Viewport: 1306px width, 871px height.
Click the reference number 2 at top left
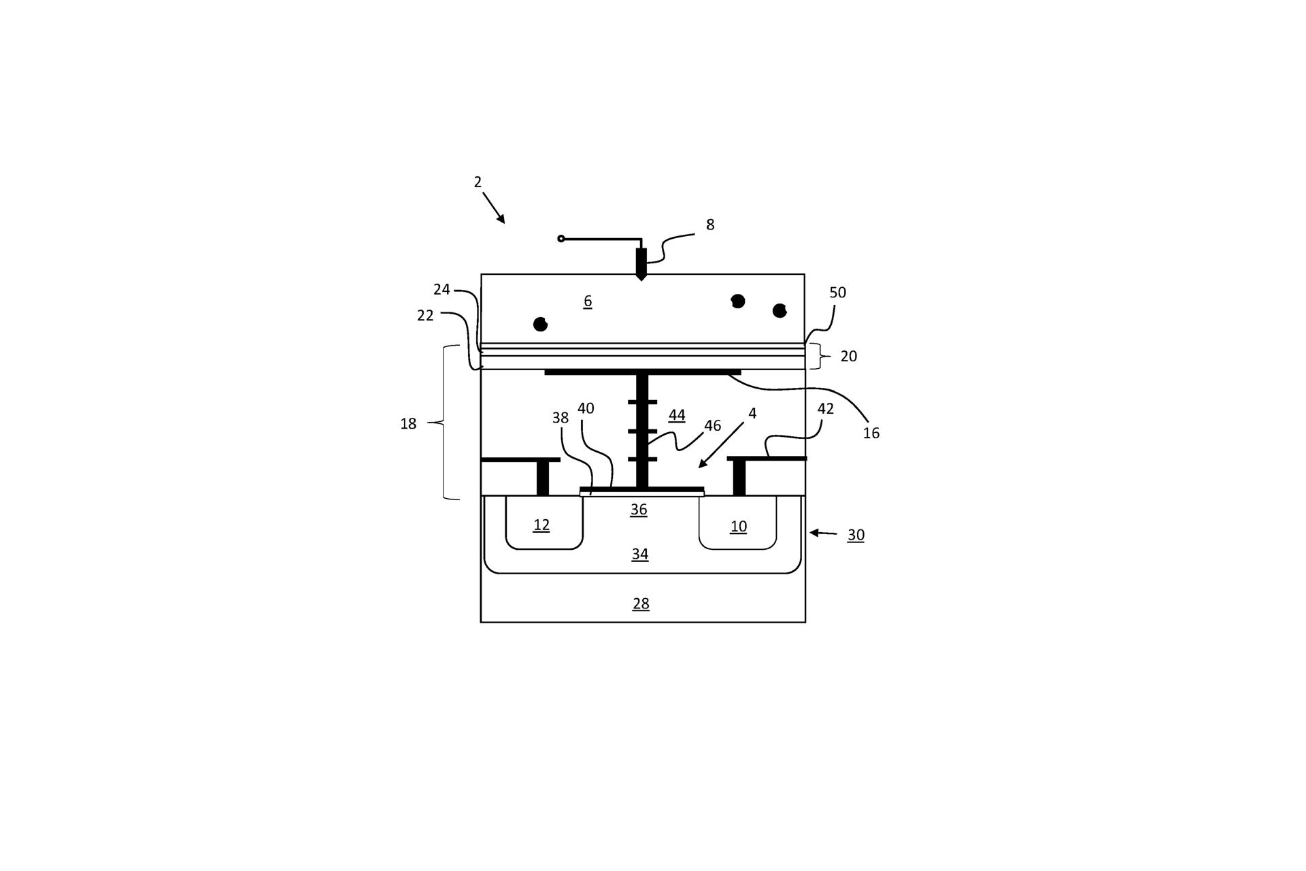click(x=478, y=182)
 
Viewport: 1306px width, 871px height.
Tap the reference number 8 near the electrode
click(x=710, y=225)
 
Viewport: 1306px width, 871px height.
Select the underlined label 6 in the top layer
click(x=588, y=301)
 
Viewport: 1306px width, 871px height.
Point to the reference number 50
click(x=837, y=293)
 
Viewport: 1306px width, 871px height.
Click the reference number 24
click(x=442, y=290)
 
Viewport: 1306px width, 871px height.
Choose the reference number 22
click(x=425, y=316)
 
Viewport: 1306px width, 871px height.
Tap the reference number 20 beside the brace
click(x=849, y=356)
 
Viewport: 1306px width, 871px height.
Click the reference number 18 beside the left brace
click(x=408, y=424)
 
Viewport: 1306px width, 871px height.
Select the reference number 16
click(x=871, y=433)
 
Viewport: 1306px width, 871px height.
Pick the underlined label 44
click(x=677, y=415)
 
